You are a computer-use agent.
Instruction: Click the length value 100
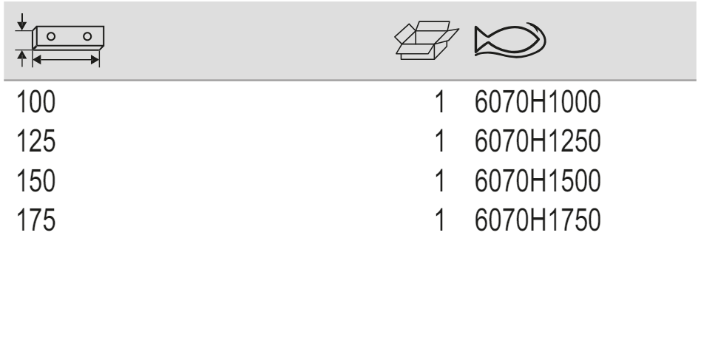[x=35, y=102]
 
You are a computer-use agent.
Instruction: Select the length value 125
[x=35, y=141]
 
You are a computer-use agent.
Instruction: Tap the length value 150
[x=35, y=180]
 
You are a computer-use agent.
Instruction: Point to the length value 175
[x=35, y=220]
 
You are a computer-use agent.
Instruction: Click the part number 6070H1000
[x=538, y=102]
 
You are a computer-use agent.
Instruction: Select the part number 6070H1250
[x=538, y=141]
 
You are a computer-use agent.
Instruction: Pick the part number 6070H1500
[x=538, y=180]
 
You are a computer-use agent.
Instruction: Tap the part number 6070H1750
[x=538, y=220]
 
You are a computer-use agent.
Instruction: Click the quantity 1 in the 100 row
[x=440, y=102]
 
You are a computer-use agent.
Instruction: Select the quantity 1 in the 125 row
[x=440, y=141]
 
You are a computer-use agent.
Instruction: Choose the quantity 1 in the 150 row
[x=440, y=180]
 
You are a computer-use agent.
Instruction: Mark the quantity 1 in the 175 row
[x=440, y=220]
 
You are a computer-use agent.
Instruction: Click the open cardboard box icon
[x=427, y=40]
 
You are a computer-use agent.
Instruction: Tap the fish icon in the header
[x=510, y=40]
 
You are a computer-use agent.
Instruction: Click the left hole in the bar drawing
[x=51, y=36]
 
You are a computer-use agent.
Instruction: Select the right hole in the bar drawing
[x=87, y=36]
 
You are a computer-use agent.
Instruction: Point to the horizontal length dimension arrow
[x=66, y=60]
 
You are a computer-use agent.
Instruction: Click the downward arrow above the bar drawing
[x=21, y=22]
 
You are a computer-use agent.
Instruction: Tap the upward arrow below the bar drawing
[x=21, y=58]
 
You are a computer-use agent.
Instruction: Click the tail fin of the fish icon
[x=482, y=40]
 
